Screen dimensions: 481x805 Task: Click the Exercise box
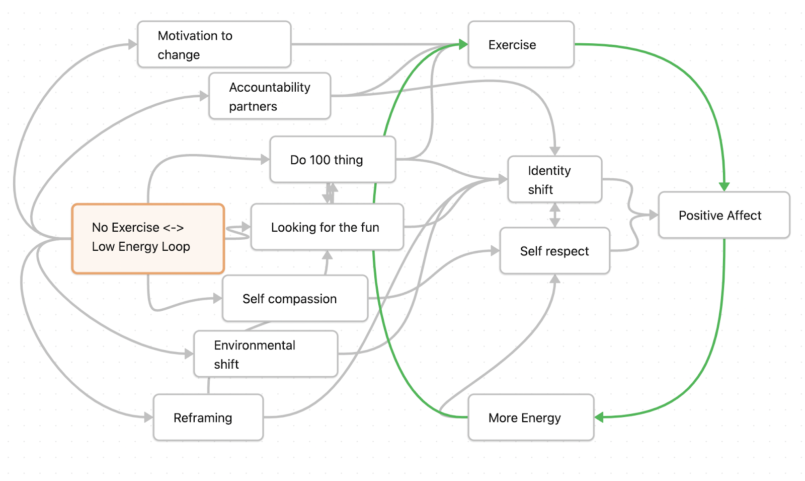[521, 44]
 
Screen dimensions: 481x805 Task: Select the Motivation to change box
[214, 44]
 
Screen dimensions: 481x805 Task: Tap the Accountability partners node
[270, 96]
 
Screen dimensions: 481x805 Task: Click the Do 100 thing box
[333, 160]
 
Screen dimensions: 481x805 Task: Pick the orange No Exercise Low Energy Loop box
[148, 238]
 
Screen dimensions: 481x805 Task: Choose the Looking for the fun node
[327, 227]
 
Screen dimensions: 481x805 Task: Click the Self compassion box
[295, 298]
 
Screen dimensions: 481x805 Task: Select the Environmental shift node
[266, 354]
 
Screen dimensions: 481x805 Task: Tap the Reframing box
[208, 418]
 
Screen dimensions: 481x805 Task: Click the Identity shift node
[554, 180]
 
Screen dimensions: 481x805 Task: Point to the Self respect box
[554, 251]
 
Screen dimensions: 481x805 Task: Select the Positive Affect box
[723, 215]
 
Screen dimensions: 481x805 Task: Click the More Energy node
[531, 418]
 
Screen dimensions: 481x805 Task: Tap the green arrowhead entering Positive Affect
[724, 186]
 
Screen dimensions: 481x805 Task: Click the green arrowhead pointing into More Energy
[599, 417]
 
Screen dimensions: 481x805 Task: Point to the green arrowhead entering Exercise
[463, 45]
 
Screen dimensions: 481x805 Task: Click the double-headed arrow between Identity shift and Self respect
[555, 215]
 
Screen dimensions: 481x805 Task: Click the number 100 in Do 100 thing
[320, 160]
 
